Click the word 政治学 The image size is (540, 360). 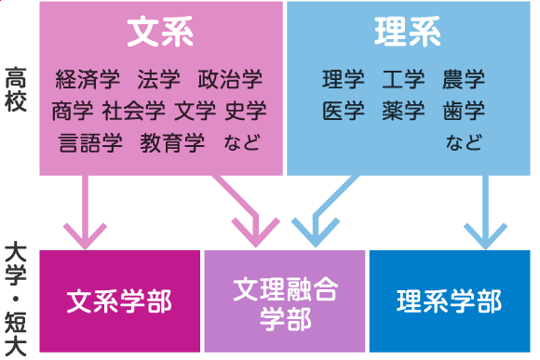tap(230, 78)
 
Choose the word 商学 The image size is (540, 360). tap(74, 111)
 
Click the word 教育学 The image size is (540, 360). tap(172, 143)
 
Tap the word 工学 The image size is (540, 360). tap(403, 79)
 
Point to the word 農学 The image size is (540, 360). tap(464, 79)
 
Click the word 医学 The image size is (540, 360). tap(343, 111)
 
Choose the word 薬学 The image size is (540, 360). tap(403, 111)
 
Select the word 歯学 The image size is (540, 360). tap(464, 111)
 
